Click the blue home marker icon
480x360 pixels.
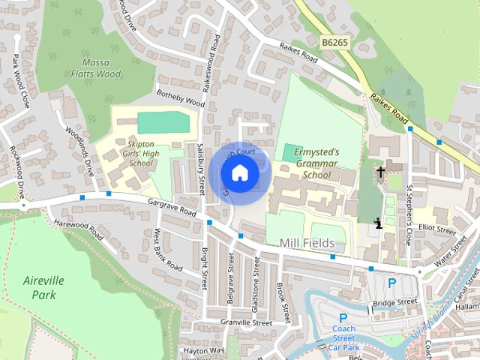coord(239,173)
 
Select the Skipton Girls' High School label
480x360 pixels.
coord(140,153)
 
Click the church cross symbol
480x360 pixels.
coord(380,172)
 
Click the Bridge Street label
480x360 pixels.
coord(394,301)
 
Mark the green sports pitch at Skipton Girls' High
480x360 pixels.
coord(164,121)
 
